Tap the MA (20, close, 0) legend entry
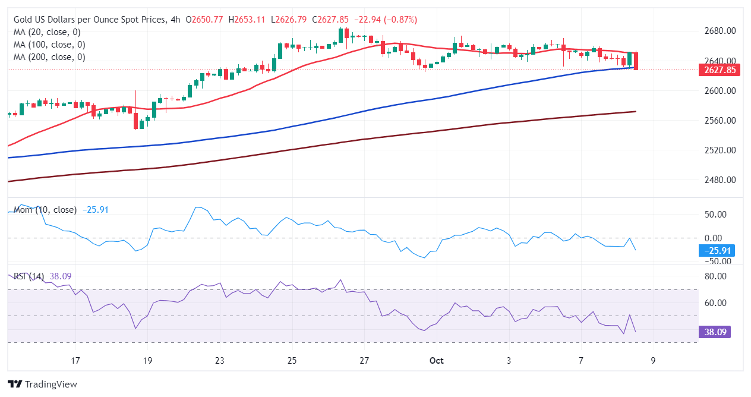tap(47, 32)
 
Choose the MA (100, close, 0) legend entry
tap(49, 45)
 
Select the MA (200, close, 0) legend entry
tap(49, 57)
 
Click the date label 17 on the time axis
tap(75, 361)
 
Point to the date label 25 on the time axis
tap(292, 361)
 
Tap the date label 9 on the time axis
tap(653, 361)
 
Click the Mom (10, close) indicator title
tap(45, 210)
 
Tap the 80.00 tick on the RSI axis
tap(716, 276)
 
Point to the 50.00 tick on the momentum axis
tap(716, 215)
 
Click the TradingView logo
tap(42, 385)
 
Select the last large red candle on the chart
tap(636, 61)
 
